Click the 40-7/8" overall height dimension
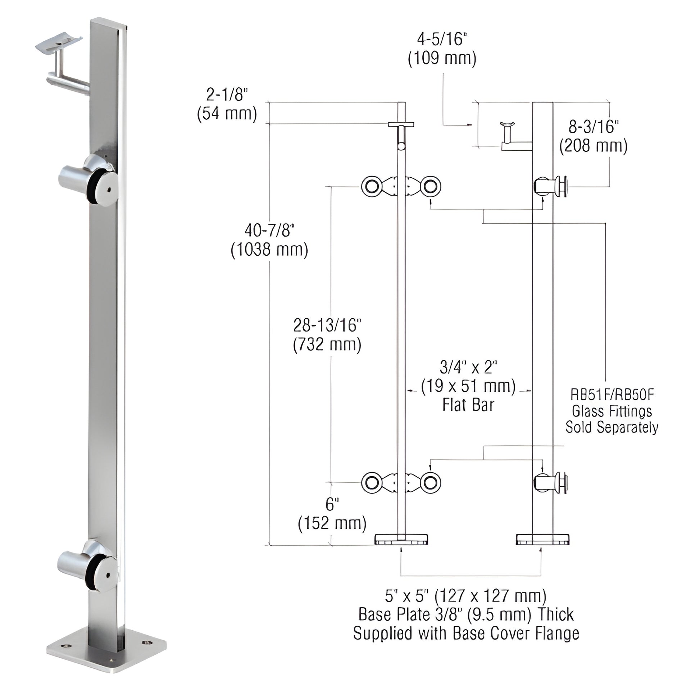click(x=269, y=231)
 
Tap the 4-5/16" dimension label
click(x=442, y=39)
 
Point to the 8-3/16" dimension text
click(x=593, y=127)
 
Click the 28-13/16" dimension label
click(x=327, y=326)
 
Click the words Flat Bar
click(x=468, y=405)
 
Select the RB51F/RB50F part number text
click(x=612, y=395)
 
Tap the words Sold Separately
click(x=612, y=427)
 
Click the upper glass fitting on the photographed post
click(x=91, y=179)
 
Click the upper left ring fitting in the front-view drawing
click(x=371, y=187)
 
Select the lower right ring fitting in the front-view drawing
click(x=431, y=483)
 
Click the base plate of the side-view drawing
click(x=542, y=539)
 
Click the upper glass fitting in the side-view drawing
click(x=551, y=186)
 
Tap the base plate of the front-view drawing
click(x=401, y=539)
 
